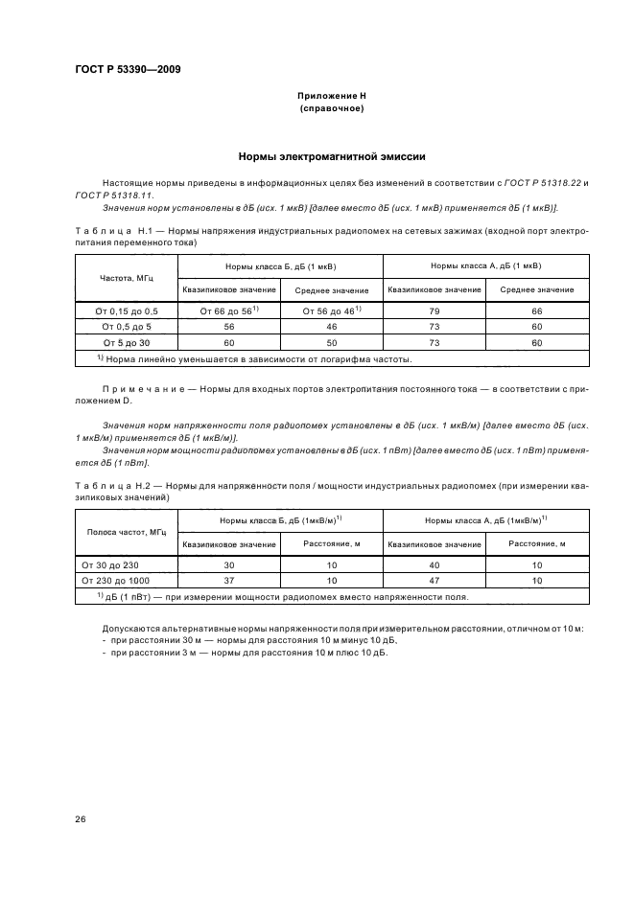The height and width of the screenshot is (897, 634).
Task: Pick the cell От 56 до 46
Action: click(330, 310)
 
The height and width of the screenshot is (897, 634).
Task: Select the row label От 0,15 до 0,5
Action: click(122, 310)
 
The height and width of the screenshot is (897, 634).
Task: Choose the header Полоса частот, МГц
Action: click(122, 532)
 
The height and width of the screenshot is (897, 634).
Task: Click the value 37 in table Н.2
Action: click(228, 581)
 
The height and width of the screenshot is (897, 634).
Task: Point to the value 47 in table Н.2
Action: click(434, 581)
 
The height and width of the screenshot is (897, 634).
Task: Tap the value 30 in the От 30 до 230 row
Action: click(228, 565)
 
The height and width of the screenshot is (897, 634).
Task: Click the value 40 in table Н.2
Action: click(434, 565)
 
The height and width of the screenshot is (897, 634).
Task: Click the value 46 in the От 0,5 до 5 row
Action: click(330, 326)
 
